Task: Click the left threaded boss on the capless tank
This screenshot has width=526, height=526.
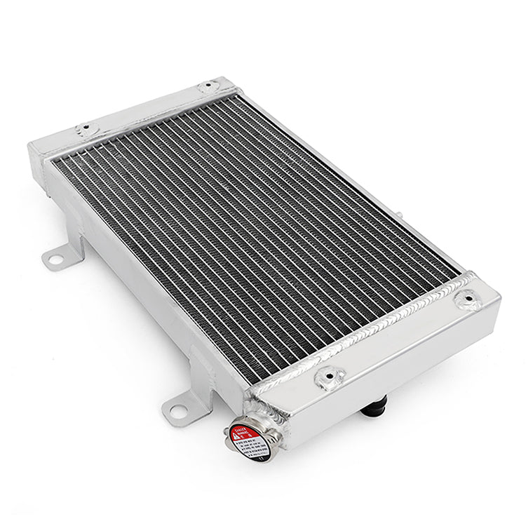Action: pyautogui.click(x=87, y=129)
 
